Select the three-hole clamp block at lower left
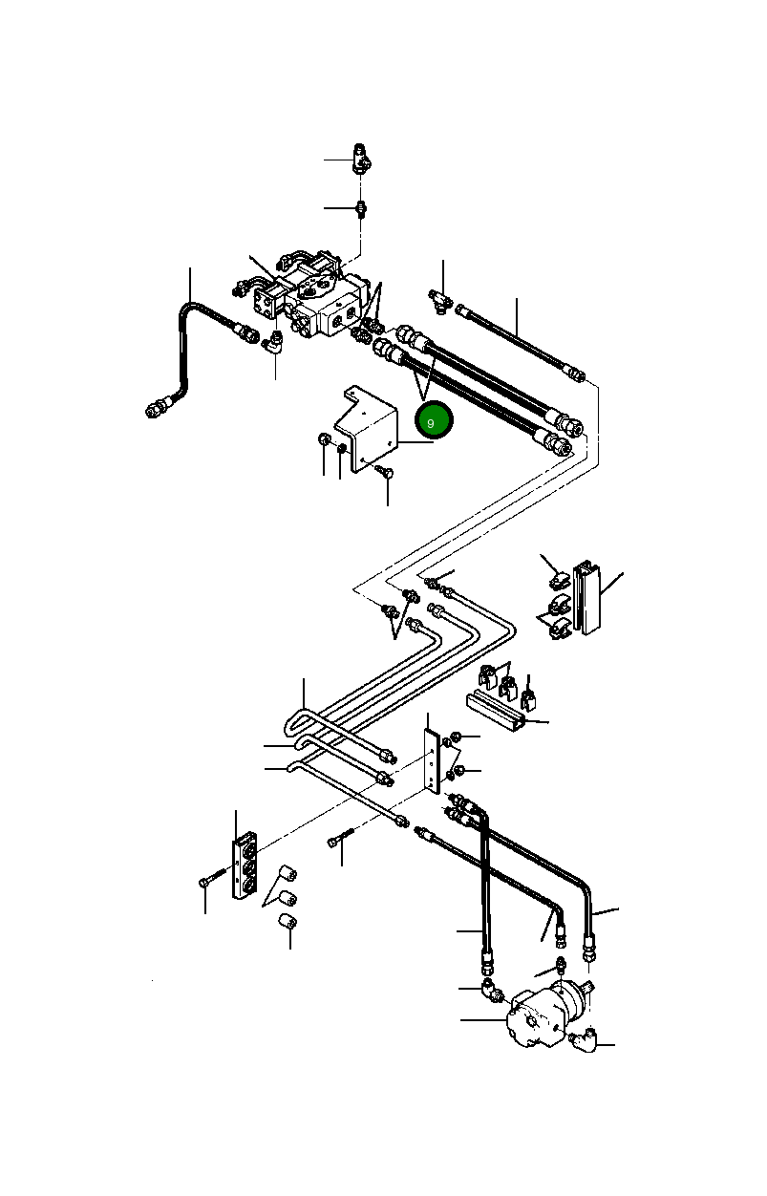[x=245, y=866]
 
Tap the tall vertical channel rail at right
[x=587, y=598]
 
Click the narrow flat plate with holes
[x=433, y=760]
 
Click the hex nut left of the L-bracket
[x=324, y=440]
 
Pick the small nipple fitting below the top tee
[x=361, y=208]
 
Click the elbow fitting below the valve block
[x=273, y=343]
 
